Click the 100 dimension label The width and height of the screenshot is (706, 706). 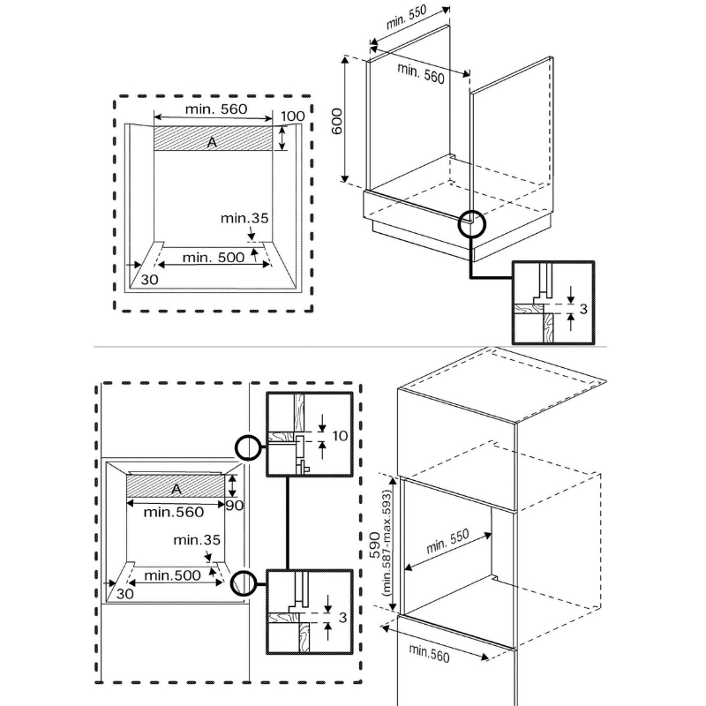(292, 116)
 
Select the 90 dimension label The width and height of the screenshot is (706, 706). (235, 507)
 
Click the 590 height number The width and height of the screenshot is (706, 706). (374, 545)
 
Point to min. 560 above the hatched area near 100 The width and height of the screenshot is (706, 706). (215, 109)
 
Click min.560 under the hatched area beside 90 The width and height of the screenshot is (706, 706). (174, 512)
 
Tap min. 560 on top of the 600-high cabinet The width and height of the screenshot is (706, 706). (421, 73)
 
